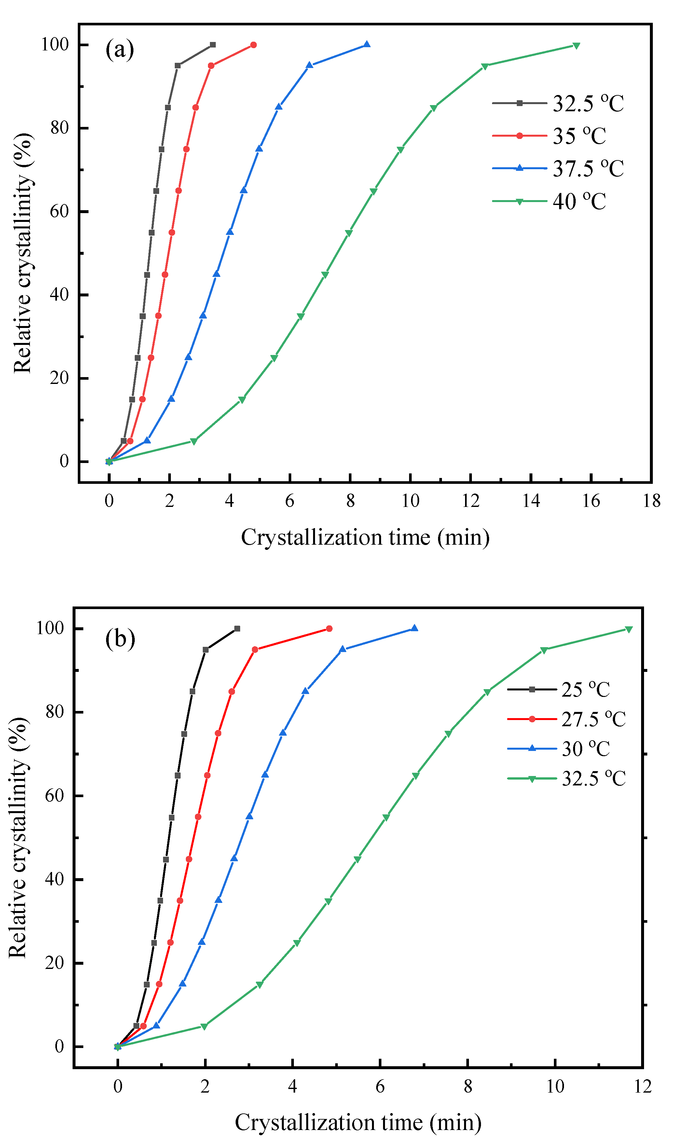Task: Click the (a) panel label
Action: [120, 49]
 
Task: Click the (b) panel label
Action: [120, 639]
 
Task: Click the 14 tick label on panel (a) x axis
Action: [531, 501]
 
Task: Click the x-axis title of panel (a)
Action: [365, 538]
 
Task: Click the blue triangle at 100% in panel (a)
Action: [366, 45]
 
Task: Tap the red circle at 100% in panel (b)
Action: [329, 629]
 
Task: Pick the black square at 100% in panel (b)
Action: [237, 629]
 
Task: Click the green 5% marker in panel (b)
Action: [204, 1027]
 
